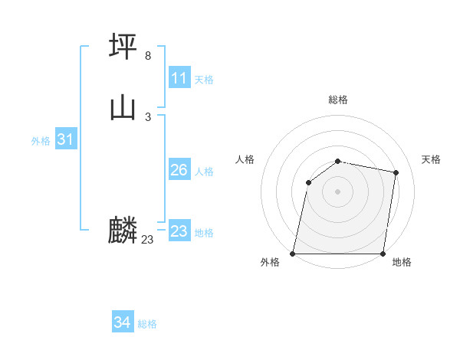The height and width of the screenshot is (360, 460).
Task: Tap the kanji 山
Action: click(x=123, y=107)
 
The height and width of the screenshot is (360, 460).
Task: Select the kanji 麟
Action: click(x=123, y=230)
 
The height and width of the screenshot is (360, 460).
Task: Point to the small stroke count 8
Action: click(x=148, y=56)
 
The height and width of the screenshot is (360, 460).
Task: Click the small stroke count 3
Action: click(x=148, y=116)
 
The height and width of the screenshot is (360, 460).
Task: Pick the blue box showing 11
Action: click(x=179, y=78)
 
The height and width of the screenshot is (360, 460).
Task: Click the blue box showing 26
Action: click(x=179, y=170)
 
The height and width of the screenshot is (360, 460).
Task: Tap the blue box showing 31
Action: click(x=65, y=139)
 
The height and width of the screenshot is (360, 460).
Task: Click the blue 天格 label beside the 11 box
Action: click(x=204, y=80)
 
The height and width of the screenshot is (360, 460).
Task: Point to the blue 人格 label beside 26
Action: click(x=204, y=172)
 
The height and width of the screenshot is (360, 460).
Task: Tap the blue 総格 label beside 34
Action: click(x=147, y=324)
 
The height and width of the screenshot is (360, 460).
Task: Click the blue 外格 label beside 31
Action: click(x=41, y=141)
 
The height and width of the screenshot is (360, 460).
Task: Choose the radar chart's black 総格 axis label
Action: click(x=338, y=100)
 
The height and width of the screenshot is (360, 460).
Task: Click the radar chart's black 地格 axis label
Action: click(x=402, y=263)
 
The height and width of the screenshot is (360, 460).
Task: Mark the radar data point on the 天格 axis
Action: click(x=396, y=173)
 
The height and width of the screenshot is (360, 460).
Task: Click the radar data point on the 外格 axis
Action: click(x=293, y=254)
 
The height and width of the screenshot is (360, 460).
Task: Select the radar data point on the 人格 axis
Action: click(x=308, y=182)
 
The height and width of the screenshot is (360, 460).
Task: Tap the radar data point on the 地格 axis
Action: click(x=383, y=254)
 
